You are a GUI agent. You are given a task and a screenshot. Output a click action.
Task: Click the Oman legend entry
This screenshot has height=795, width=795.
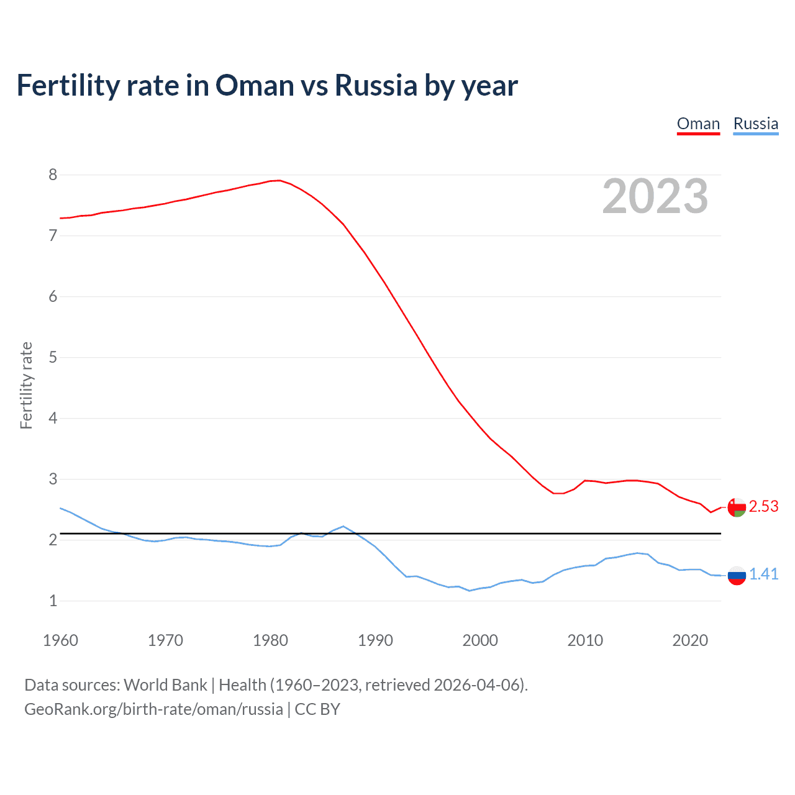(x=698, y=124)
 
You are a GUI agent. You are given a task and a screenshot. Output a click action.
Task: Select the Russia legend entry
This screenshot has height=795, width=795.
(x=755, y=124)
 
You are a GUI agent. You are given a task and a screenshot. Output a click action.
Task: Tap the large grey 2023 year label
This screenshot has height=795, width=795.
(x=655, y=196)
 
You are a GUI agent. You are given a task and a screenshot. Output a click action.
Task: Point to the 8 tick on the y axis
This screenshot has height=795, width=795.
(x=53, y=175)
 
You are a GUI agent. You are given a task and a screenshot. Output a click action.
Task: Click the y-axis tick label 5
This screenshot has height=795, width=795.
(x=53, y=357)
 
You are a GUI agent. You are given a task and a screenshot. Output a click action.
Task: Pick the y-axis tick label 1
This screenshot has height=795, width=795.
(x=53, y=601)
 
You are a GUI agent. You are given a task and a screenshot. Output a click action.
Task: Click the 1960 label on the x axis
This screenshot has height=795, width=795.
(x=60, y=640)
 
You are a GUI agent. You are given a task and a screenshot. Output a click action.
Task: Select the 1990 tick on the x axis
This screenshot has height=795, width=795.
(x=375, y=640)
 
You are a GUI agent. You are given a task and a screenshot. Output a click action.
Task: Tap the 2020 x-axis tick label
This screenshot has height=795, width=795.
(x=690, y=640)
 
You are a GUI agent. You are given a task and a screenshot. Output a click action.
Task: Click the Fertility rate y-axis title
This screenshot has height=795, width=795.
(x=26, y=385)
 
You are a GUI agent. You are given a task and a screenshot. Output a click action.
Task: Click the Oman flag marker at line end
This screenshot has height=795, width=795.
(x=737, y=507)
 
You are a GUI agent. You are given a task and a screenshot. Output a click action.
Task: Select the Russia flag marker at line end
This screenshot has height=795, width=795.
(x=737, y=575)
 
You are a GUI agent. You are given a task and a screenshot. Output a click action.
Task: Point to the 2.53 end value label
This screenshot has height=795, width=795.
(x=763, y=507)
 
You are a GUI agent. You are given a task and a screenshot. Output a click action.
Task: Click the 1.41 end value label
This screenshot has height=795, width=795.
(x=763, y=575)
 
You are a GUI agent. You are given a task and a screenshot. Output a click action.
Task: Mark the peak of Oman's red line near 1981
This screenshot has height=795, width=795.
(x=279, y=181)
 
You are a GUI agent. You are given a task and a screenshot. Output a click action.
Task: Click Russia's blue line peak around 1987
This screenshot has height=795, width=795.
(x=343, y=526)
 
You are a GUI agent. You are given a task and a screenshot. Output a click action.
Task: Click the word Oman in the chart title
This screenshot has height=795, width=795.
(x=255, y=85)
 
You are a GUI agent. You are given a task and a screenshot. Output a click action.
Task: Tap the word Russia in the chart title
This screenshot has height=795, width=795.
(x=376, y=85)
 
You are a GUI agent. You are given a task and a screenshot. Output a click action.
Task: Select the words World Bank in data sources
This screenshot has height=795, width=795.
(x=165, y=685)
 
